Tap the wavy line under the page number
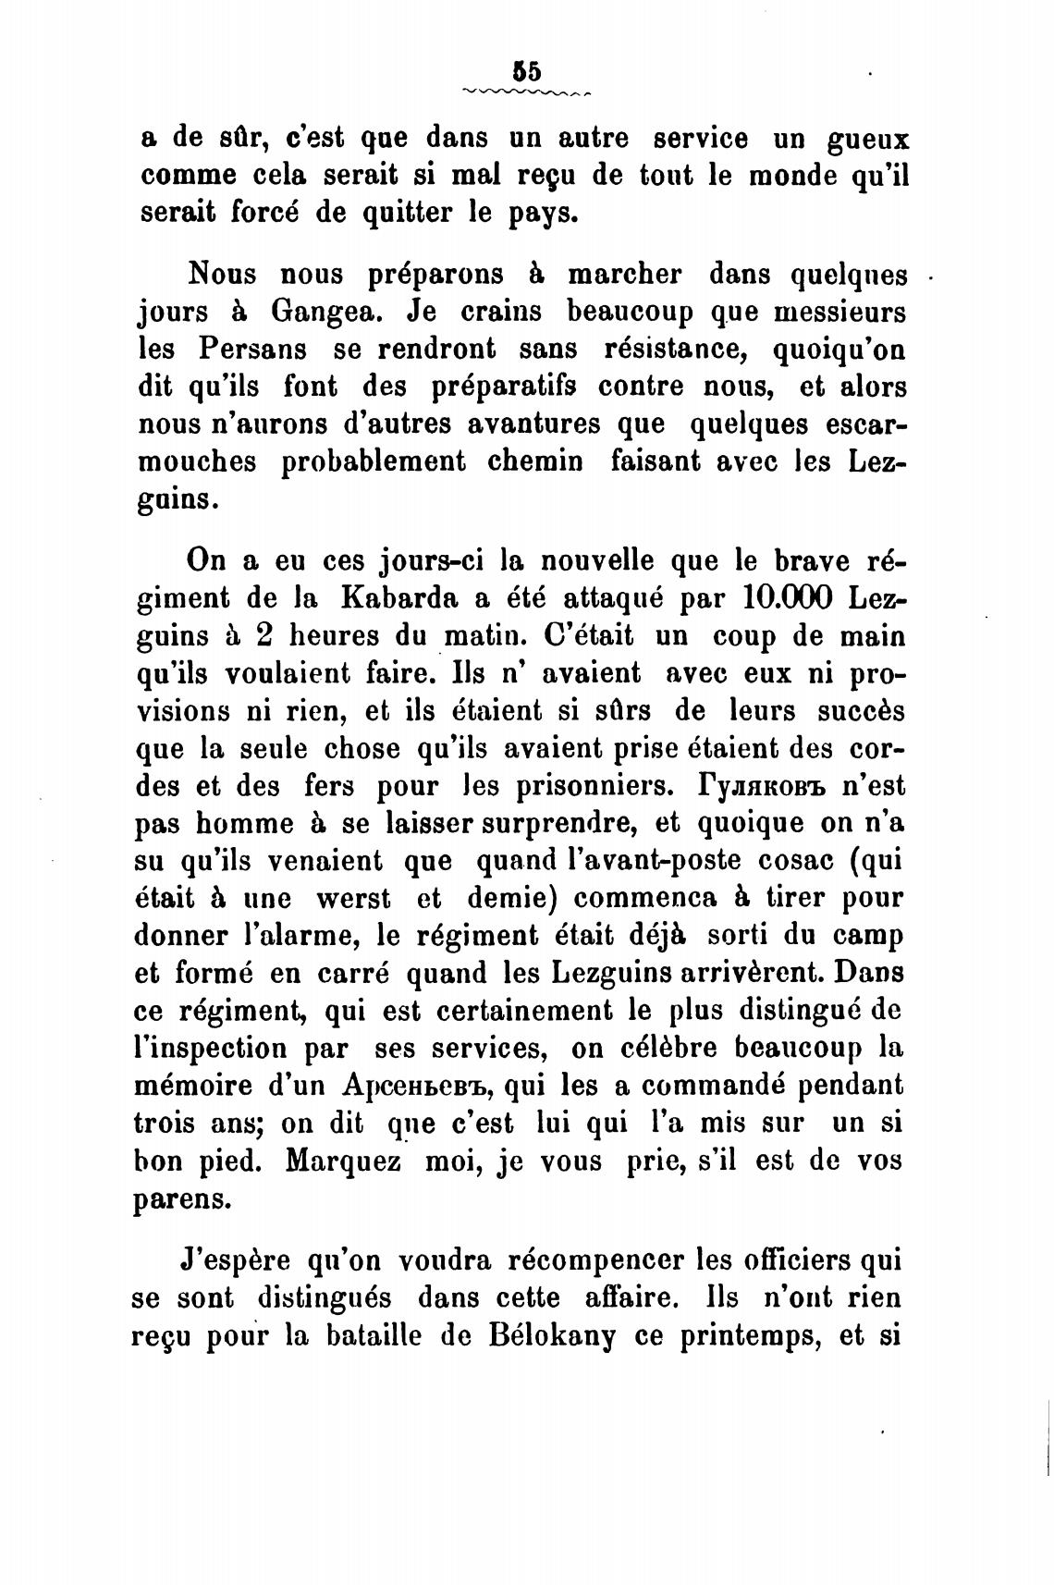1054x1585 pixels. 527,92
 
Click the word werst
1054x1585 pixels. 354,898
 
